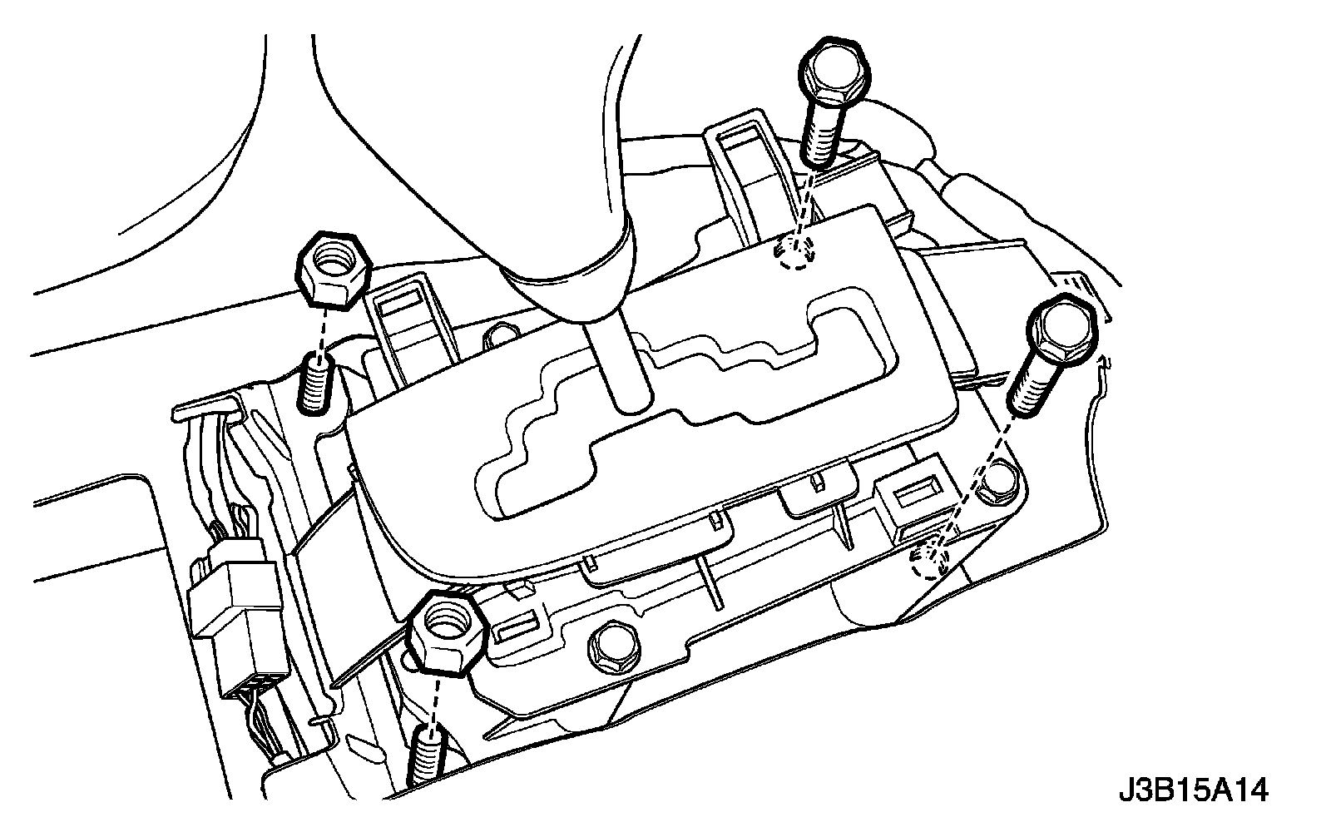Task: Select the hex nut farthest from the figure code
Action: click(x=330, y=267)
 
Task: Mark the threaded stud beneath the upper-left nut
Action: click(x=314, y=382)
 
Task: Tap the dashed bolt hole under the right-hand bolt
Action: click(x=930, y=562)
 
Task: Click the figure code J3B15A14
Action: click(x=1193, y=789)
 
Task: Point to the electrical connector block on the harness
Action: click(x=237, y=612)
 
